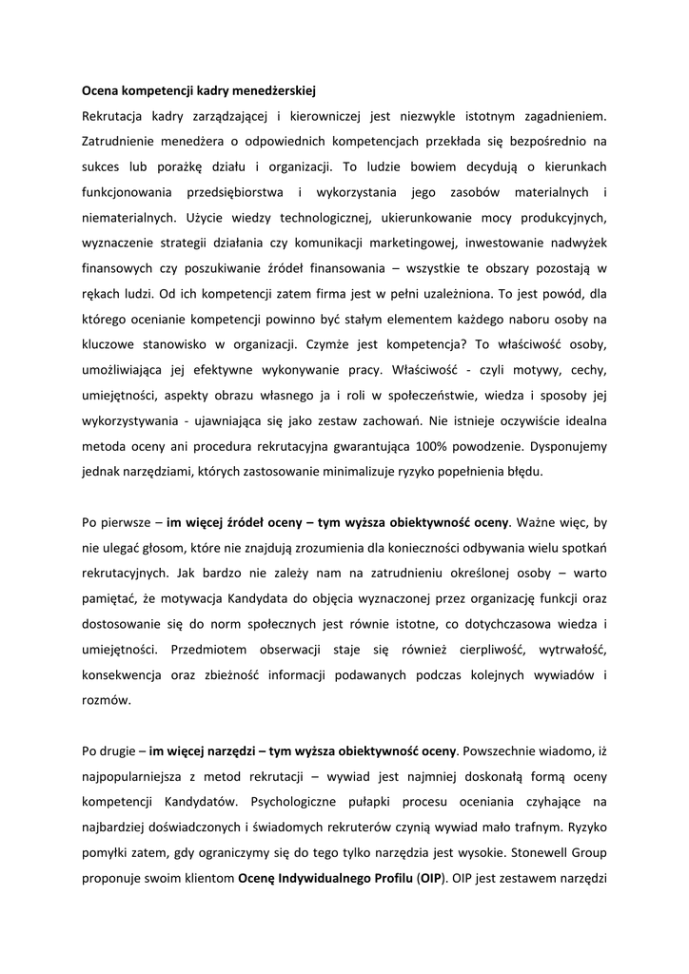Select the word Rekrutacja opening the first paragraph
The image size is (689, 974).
pos(115,117)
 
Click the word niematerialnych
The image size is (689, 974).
pos(127,217)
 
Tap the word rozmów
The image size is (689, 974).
pos(104,699)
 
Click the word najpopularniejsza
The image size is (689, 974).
pos(139,775)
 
